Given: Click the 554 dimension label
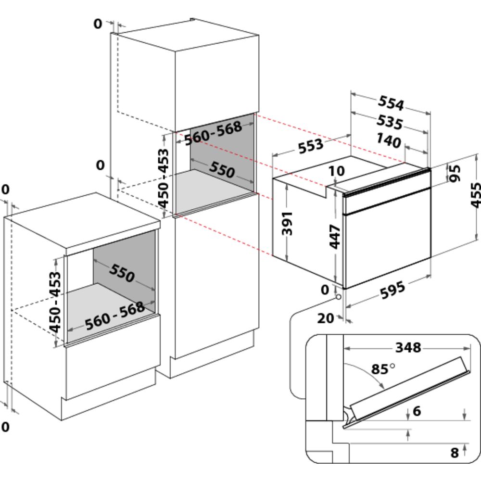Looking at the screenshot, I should click(390, 103).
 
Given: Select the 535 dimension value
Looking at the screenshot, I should click(389, 122).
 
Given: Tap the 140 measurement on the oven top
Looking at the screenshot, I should click(389, 141).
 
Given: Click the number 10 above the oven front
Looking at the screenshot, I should click(338, 171).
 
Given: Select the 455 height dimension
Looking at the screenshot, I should click(475, 195).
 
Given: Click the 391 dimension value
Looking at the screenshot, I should click(287, 223).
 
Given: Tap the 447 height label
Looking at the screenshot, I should click(335, 236).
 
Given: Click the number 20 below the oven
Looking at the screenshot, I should click(326, 318).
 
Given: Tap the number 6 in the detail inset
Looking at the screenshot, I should click(417, 411).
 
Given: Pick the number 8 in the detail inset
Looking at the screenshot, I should click(454, 452).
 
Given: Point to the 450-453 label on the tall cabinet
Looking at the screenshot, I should click(164, 178).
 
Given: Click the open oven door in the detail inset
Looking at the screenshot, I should click(409, 390).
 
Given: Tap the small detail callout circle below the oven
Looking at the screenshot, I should click(339, 296).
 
